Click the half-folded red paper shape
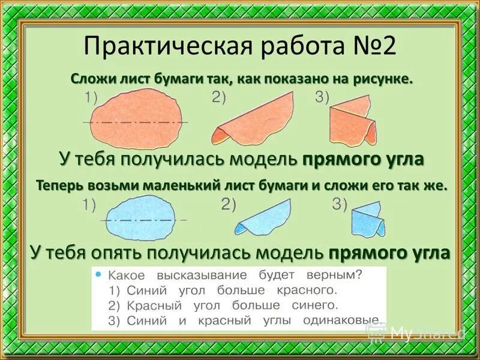point(258,119)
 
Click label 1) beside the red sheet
point(91,98)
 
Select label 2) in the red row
point(218,98)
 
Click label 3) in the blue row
point(340,204)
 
